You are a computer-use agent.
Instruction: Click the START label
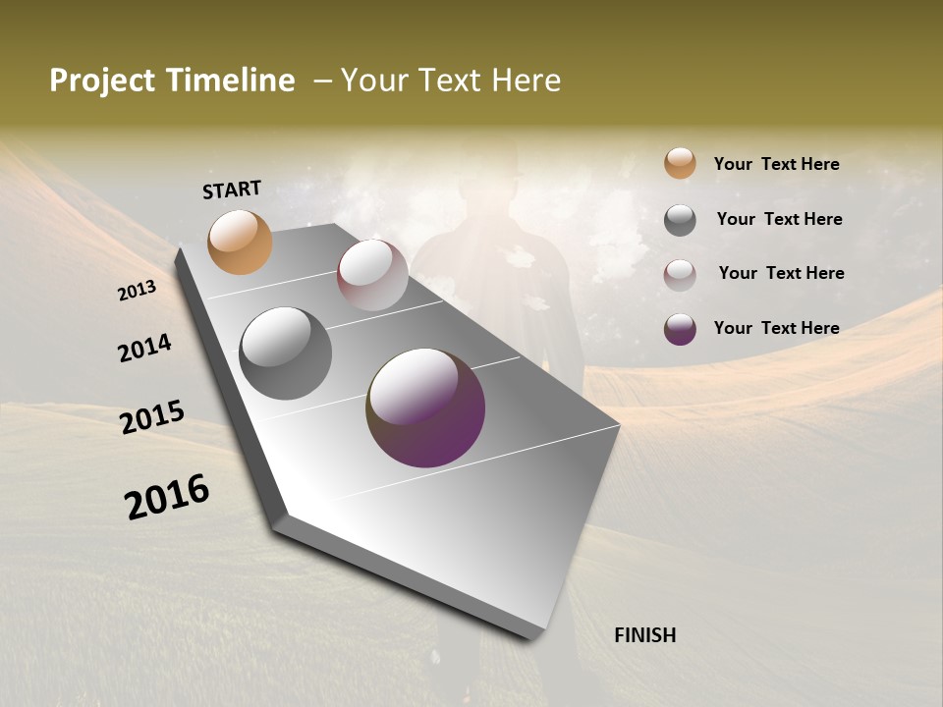tap(232, 190)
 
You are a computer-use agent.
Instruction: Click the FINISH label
tap(644, 635)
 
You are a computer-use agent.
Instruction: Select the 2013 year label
tap(138, 291)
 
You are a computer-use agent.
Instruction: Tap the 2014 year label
tap(145, 348)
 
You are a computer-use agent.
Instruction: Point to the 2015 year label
tap(152, 417)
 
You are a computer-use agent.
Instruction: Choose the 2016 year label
tap(167, 497)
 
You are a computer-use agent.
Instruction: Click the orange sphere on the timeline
tap(240, 242)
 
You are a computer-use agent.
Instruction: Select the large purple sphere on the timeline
tap(425, 407)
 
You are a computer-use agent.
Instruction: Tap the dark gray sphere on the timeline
tap(285, 353)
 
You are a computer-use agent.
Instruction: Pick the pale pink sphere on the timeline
tap(372, 274)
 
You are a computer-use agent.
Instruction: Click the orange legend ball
tap(680, 164)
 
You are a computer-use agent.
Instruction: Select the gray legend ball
tap(680, 220)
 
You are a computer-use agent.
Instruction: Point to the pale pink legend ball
tap(680, 274)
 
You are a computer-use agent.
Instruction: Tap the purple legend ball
tap(680, 329)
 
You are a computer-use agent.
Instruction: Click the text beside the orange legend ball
tap(776, 164)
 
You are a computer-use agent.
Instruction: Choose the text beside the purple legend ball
tap(776, 328)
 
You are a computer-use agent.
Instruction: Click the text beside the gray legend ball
tap(779, 219)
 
